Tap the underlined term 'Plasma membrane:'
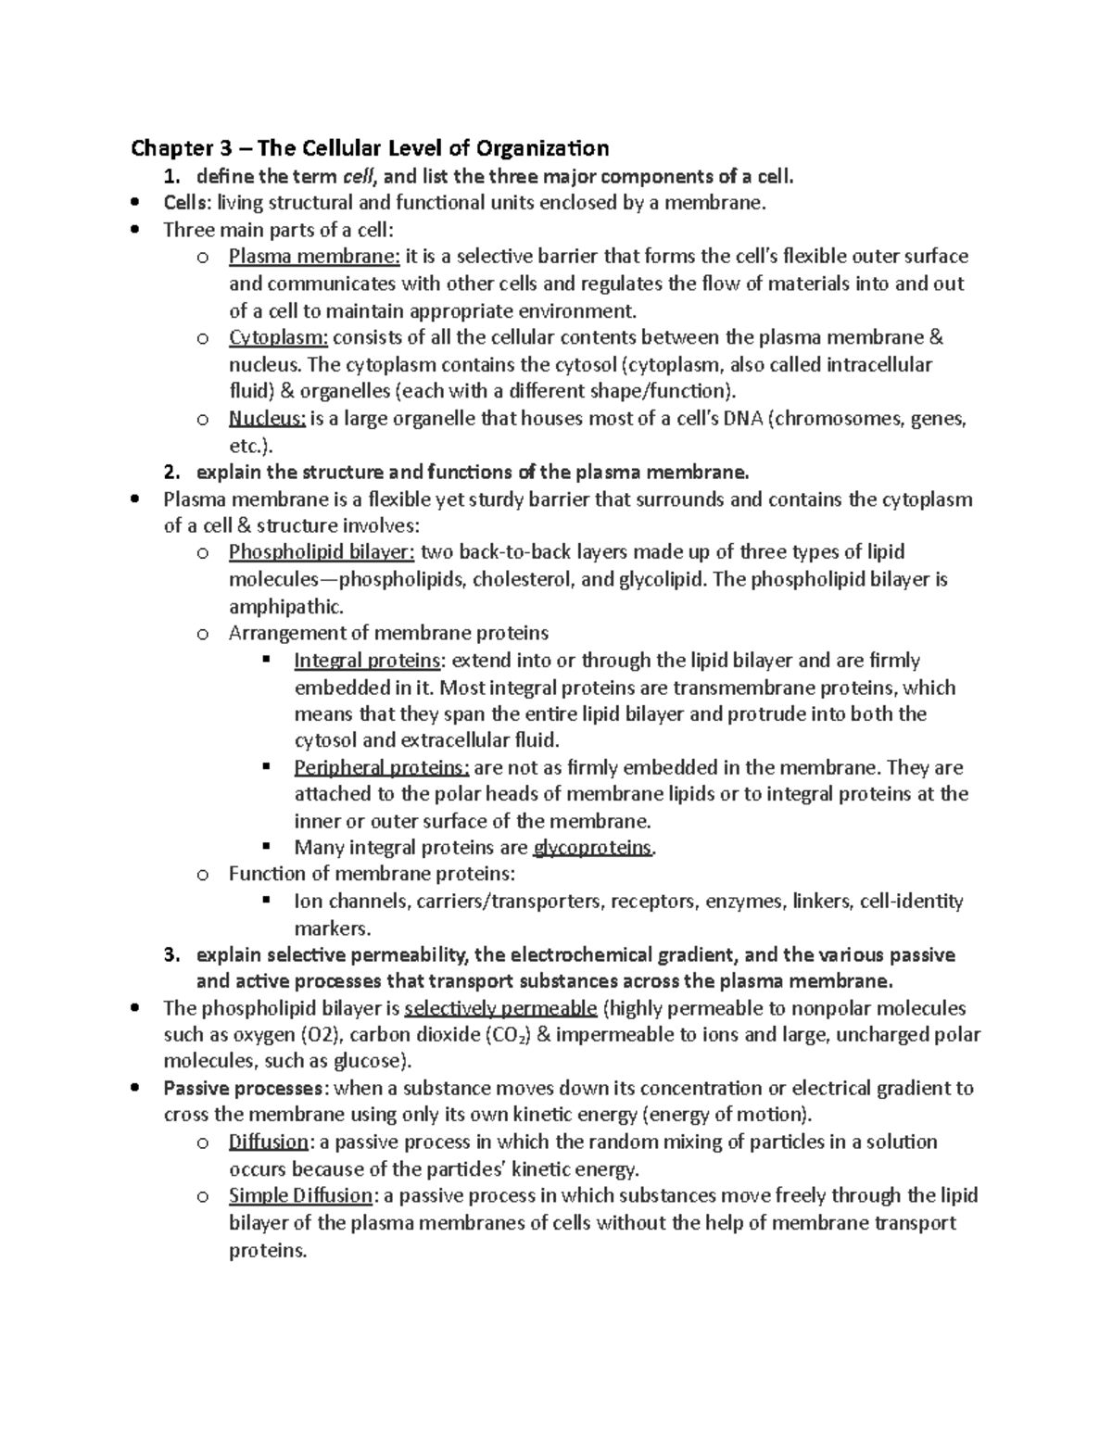[314, 257]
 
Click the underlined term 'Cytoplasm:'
[278, 337]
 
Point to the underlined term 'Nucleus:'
[267, 419]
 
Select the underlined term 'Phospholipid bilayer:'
[322, 553]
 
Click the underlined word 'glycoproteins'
[593, 848]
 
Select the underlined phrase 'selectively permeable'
[501, 1009]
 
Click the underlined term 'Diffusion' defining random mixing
[269, 1142]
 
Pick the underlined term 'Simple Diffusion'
[300, 1196]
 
